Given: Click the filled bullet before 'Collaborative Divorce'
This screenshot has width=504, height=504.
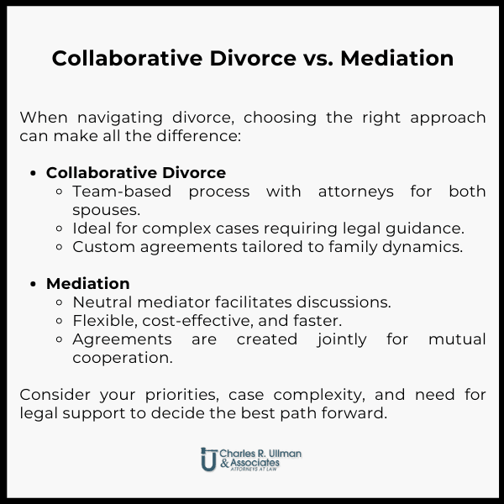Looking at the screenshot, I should tap(34, 173).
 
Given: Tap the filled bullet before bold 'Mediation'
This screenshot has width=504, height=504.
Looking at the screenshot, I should tap(34, 284).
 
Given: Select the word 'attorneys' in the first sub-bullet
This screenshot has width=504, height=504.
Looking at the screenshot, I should tap(355, 192).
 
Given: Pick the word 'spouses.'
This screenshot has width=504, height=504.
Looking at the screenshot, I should tap(106, 210).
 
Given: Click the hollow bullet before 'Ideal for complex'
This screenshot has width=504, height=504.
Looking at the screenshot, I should tap(62, 228).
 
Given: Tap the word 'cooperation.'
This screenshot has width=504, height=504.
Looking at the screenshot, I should tap(123, 358).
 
